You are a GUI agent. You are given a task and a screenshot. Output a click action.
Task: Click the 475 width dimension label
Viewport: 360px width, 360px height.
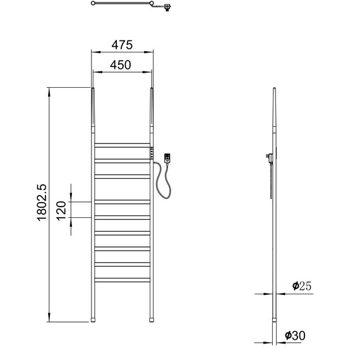click(122, 45)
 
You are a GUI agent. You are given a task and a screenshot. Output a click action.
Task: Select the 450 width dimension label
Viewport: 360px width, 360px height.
click(121, 65)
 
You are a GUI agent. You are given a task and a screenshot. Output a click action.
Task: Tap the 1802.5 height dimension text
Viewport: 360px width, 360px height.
click(42, 202)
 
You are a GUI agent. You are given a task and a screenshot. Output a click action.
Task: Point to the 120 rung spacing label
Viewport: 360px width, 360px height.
click(61, 211)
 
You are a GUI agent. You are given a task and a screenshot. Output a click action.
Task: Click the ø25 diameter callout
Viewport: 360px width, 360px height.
click(302, 286)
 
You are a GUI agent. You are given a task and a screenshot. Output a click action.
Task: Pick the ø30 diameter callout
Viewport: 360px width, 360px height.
click(295, 335)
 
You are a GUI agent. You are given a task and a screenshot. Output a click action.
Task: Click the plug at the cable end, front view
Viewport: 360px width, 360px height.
click(167, 158)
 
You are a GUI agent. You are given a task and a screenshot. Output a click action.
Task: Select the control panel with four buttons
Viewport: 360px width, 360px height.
click(152, 153)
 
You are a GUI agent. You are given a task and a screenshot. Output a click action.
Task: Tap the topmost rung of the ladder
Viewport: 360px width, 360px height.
click(122, 145)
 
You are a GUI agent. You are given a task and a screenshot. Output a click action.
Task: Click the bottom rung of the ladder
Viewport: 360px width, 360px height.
click(122, 280)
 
